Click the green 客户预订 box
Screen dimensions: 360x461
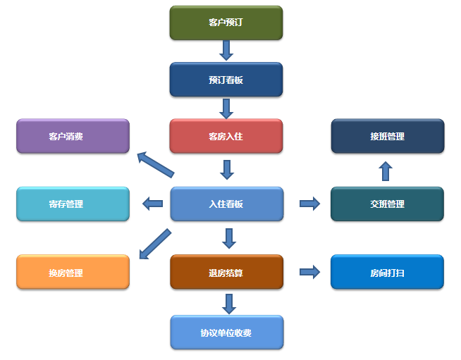(x=226, y=23)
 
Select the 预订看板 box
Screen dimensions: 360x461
(x=226, y=80)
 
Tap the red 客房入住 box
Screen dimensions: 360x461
(x=226, y=136)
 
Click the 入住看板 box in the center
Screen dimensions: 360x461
(x=226, y=204)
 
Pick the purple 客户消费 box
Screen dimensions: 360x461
(x=73, y=136)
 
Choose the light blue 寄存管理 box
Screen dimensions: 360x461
(x=73, y=204)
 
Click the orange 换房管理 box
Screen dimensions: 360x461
(x=73, y=272)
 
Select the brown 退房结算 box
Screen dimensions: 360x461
(x=226, y=272)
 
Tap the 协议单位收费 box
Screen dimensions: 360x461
(x=226, y=332)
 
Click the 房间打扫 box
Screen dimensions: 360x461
(x=387, y=272)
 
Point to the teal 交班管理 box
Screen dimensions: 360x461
(x=387, y=204)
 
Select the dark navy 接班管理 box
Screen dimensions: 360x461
(x=387, y=136)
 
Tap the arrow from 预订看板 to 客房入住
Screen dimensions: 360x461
(x=226, y=108)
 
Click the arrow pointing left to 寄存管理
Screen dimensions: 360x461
(x=152, y=204)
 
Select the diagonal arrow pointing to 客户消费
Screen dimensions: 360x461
(x=155, y=164)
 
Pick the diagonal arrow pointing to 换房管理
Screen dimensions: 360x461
(x=155, y=243)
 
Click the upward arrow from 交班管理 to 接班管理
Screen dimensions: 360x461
(x=386, y=171)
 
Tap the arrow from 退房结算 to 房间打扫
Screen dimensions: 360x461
(x=309, y=272)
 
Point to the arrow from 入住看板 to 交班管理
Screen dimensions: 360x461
(x=309, y=204)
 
